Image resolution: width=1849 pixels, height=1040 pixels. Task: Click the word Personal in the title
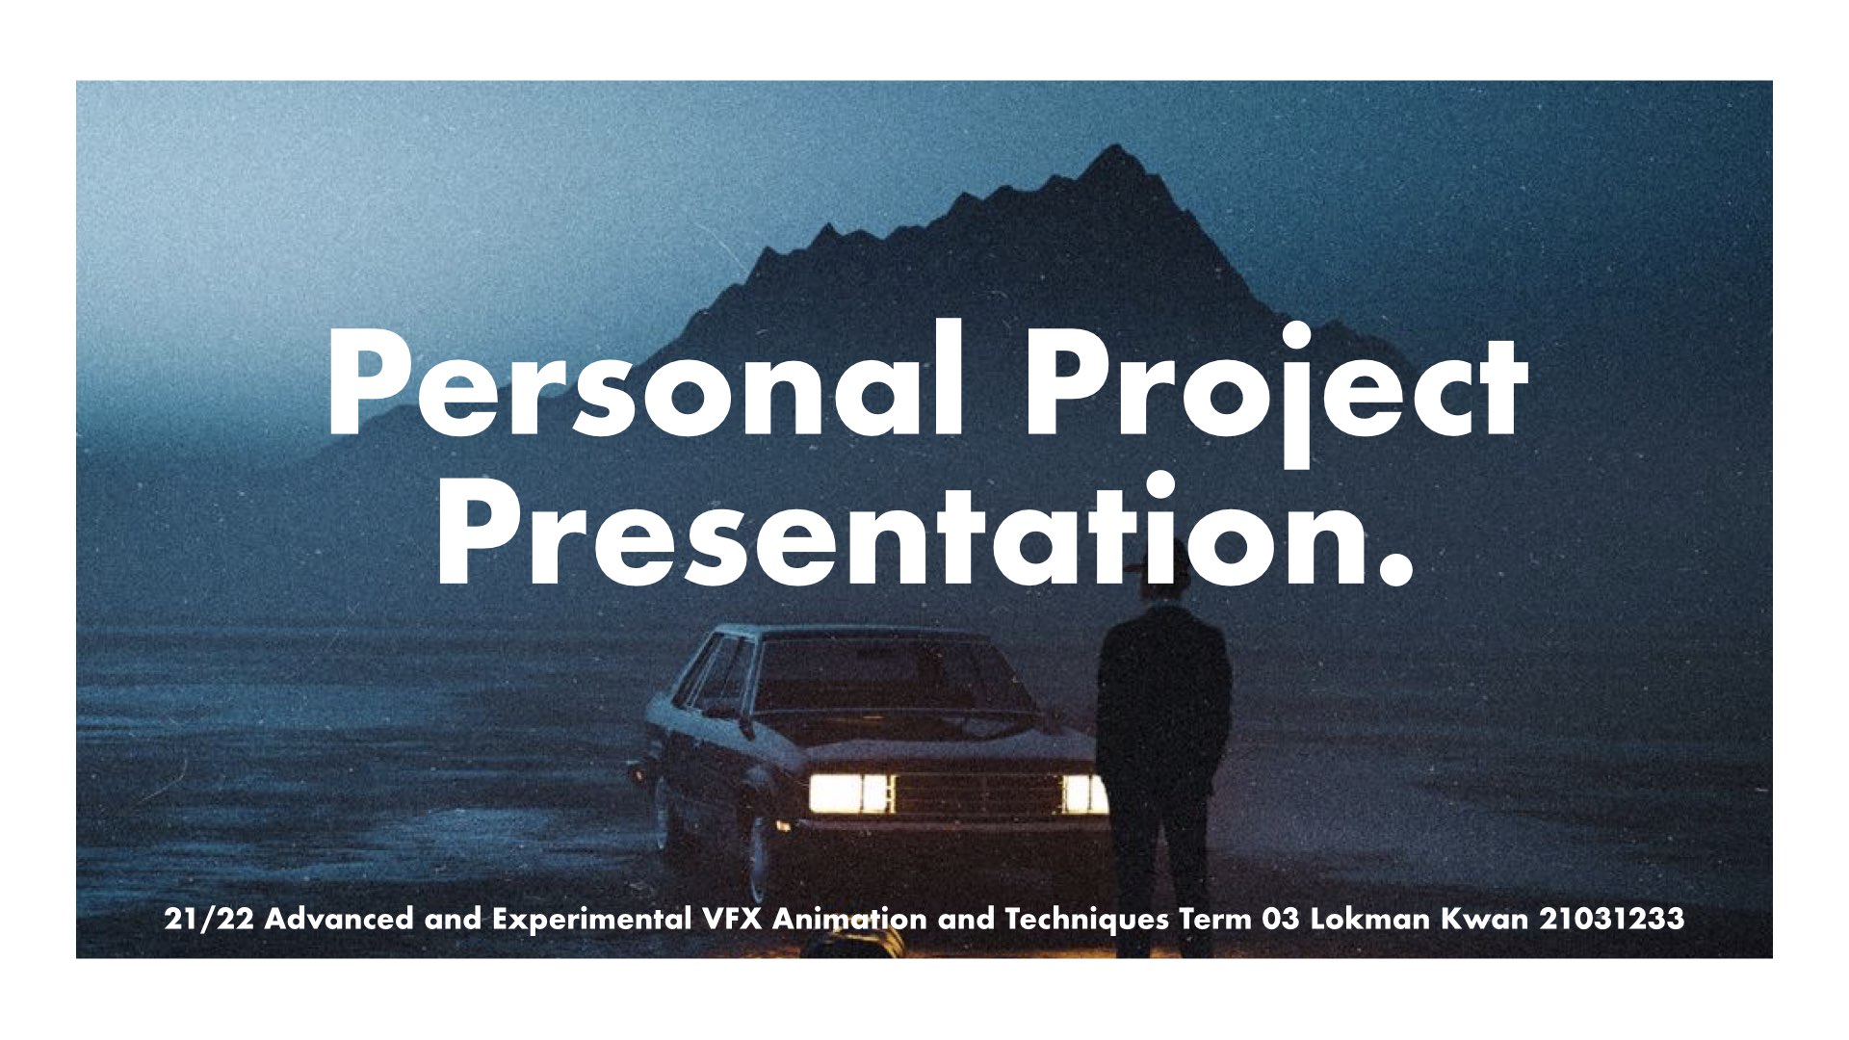[646, 381]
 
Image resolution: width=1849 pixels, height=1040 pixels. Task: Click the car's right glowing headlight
[1083, 793]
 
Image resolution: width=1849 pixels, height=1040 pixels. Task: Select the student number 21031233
[1612, 919]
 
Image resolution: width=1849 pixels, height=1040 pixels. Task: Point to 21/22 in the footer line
[209, 920]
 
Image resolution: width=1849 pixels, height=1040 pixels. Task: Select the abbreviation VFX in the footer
[733, 919]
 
